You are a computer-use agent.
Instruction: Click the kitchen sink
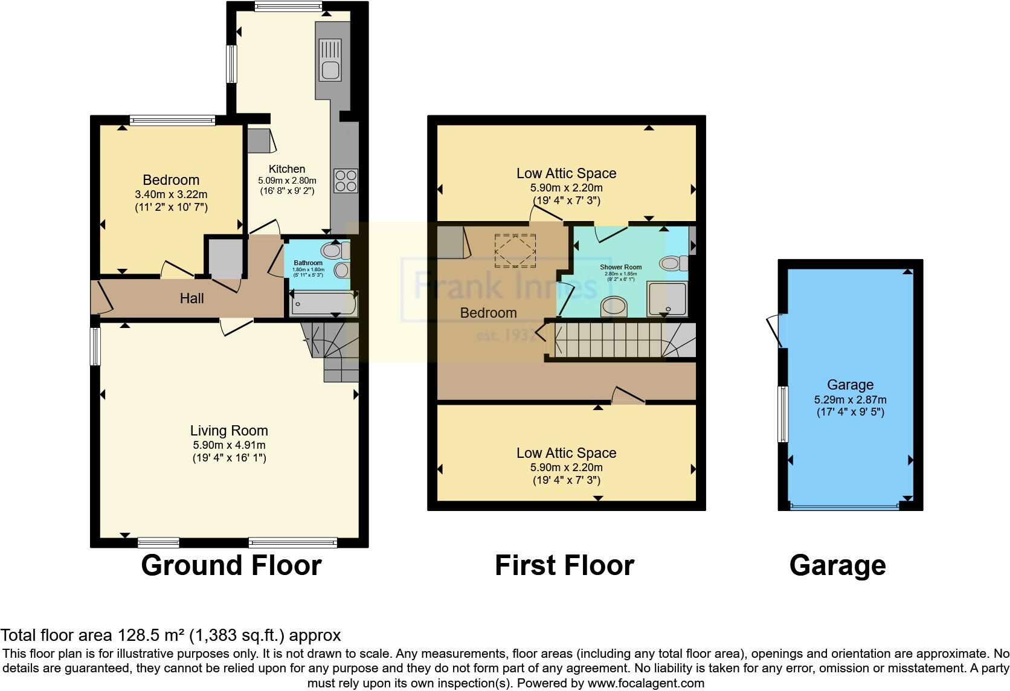click(x=330, y=62)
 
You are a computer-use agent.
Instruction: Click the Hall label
click(x=191, y=298)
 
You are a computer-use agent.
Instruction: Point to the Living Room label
click(x=229, y=431)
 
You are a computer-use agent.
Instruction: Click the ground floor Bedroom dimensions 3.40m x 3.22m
click(x=171, y=194)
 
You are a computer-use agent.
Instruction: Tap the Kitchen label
click(x=287, y=169)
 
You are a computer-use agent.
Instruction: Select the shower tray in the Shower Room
click(x=667, y=298)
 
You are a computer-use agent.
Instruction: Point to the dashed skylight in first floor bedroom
click(x=515, y=250)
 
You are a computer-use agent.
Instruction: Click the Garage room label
click(x=850, y=385)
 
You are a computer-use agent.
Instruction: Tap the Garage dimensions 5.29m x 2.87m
click(x=850, y=400)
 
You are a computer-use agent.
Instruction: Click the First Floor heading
click(x=564, y=566)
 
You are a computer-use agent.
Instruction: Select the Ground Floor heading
click(x=231, y=566)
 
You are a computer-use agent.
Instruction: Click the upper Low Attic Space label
click(x=566, y=173)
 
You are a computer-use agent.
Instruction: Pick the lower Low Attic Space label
click(x=566, y=453)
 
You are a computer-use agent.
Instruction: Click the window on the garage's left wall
click(x=783, y=414)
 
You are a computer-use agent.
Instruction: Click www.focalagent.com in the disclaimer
click(x=646, y=684)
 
